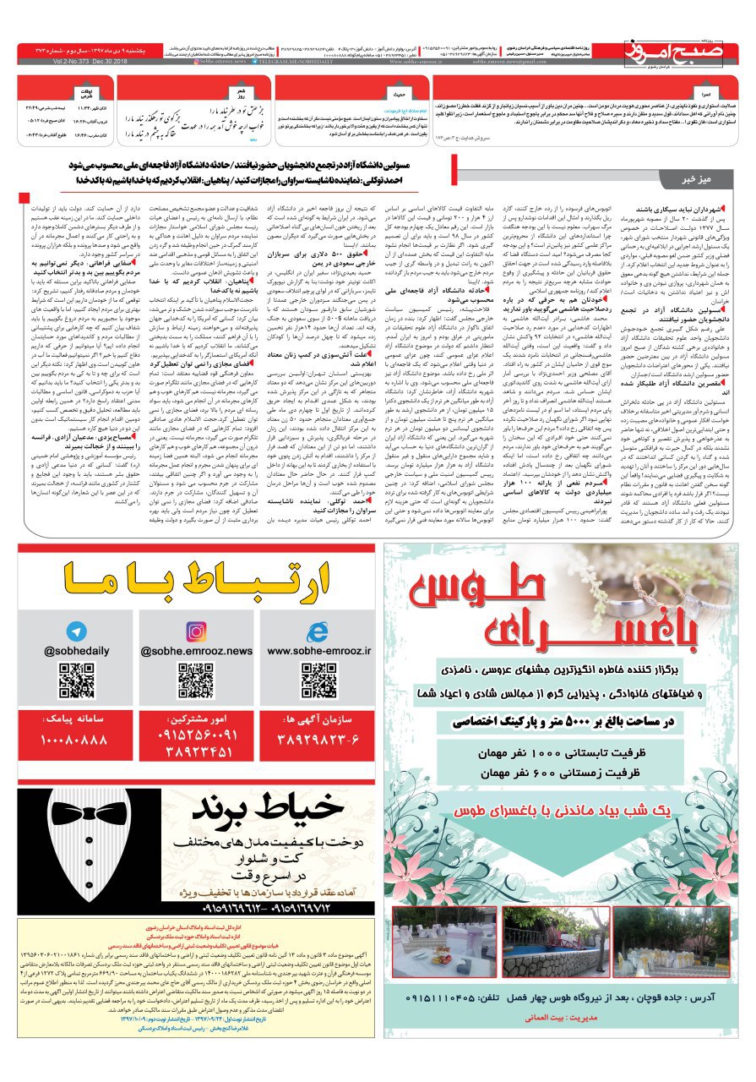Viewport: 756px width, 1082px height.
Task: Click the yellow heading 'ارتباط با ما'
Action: pos(196,582)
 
